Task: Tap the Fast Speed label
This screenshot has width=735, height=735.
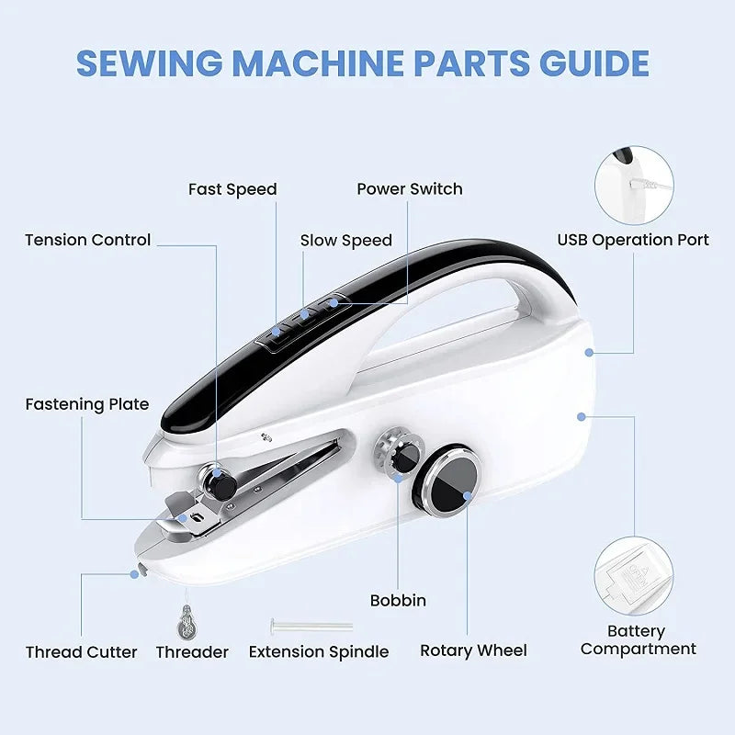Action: click(x=232, y=189)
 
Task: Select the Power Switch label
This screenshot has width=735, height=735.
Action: click(x=410, y=189)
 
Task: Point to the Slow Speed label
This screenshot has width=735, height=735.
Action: click(x=346, y=241)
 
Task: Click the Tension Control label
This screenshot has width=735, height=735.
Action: click(x=87, y=240)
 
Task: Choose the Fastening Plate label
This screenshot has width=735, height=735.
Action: click(x=86, y=404)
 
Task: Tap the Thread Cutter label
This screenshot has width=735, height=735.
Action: click(x=81, y=652)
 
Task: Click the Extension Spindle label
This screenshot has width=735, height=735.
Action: click(x=319, y=652)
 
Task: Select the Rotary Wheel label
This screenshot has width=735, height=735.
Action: click(x=473, y=650)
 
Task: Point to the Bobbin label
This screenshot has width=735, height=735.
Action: click(x=398, y=601)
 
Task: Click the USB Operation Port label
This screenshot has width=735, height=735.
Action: click(x=633, y=240)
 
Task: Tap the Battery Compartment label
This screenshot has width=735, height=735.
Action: click(x=638, y=640)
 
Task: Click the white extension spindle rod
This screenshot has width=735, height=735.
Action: click(x=312, y=627)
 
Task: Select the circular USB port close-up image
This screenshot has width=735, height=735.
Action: click(x=633, y=183)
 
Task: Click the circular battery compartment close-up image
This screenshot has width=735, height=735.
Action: click(x=633, y=577)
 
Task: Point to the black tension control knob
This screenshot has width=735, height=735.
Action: click(x=217, y=481)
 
